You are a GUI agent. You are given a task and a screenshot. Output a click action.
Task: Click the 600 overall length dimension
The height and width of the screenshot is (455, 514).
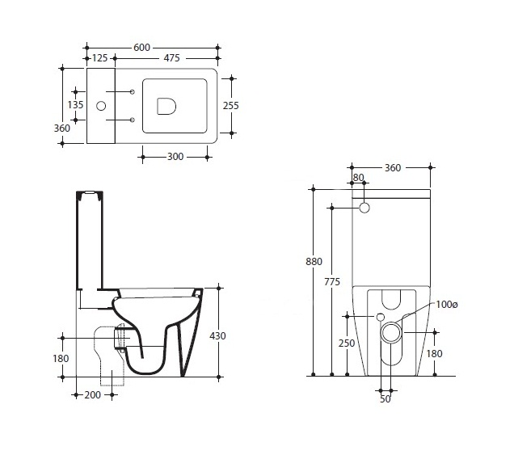point(141,48)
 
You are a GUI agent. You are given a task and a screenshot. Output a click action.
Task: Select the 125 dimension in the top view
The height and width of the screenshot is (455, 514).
point(99,58)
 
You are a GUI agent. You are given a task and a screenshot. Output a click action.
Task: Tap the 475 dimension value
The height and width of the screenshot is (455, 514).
point(172,58)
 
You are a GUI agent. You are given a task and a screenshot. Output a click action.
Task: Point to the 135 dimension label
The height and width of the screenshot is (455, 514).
point(75,105)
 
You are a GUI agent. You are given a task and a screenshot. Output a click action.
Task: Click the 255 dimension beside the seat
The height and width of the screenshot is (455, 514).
point(231,106)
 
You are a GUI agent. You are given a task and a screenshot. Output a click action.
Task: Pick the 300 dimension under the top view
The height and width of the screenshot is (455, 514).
point(175,157)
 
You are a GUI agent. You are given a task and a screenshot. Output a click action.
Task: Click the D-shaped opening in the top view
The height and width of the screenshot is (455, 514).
point(166,106)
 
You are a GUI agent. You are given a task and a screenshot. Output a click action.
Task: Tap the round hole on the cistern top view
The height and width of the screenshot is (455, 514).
point(101,106)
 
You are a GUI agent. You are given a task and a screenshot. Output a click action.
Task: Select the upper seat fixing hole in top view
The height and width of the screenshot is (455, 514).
point(132,92)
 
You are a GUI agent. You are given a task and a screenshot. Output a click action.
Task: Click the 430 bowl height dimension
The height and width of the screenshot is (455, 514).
point(217,336)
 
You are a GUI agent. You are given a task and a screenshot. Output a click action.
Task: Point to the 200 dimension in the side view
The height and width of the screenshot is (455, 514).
point(92,395)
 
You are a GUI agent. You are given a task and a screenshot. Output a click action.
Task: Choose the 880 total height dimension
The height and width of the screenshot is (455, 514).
point(314,262)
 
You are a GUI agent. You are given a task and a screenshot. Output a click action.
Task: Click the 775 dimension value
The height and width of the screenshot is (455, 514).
point(332,281)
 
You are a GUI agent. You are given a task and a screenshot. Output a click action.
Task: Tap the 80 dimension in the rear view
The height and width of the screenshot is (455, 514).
point(358,177)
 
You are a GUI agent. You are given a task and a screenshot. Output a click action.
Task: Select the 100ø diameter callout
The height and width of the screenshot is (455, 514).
point(446,305)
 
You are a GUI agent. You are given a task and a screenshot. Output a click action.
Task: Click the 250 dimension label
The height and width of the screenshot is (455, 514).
point(347,343)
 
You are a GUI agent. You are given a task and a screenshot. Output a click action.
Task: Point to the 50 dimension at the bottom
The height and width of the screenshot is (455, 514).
point(385,399)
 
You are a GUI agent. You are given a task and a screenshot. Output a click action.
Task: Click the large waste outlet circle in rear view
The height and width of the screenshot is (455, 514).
point(391,332)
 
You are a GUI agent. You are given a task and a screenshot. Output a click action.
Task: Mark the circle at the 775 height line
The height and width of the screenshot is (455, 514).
point(364,208)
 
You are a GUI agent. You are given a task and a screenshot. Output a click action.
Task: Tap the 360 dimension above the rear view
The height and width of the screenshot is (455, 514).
point(393,168)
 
